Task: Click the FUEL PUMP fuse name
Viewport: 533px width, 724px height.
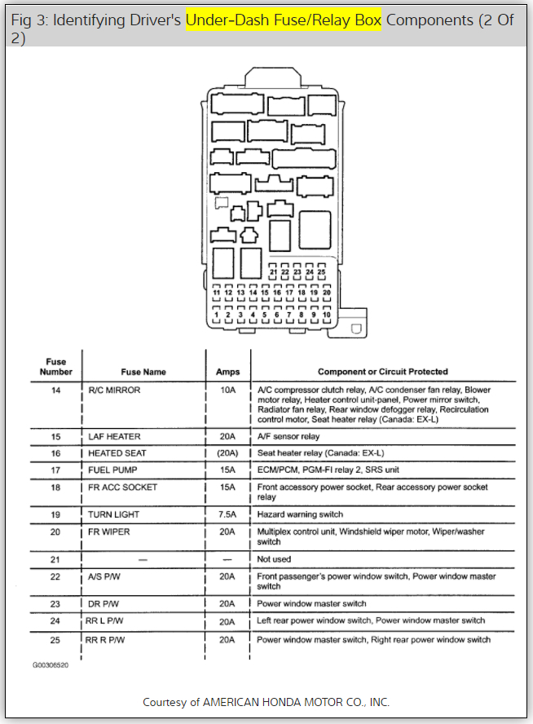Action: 112,470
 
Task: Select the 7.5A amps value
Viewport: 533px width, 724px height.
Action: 227,514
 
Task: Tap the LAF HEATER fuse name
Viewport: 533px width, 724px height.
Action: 114,437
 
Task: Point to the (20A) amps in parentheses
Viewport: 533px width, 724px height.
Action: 227,453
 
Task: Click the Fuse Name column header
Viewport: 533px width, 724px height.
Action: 143,372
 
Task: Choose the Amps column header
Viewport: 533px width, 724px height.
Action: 227,372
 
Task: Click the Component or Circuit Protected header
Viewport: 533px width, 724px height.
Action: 382,372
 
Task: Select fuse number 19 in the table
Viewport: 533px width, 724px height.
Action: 55,514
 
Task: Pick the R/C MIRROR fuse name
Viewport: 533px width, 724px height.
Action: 114,391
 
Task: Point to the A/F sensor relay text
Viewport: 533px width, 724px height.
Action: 289,437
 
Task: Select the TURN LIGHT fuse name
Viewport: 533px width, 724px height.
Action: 113,514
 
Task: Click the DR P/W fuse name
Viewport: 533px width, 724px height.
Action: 105,604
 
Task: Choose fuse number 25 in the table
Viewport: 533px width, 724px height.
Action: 55,640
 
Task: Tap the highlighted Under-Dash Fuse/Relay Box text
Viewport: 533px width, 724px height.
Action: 283,20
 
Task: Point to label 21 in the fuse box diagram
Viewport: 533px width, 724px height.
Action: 274,271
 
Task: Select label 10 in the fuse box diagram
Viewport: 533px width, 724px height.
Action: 326,314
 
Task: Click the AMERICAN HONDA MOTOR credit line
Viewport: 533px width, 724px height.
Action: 266,702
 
